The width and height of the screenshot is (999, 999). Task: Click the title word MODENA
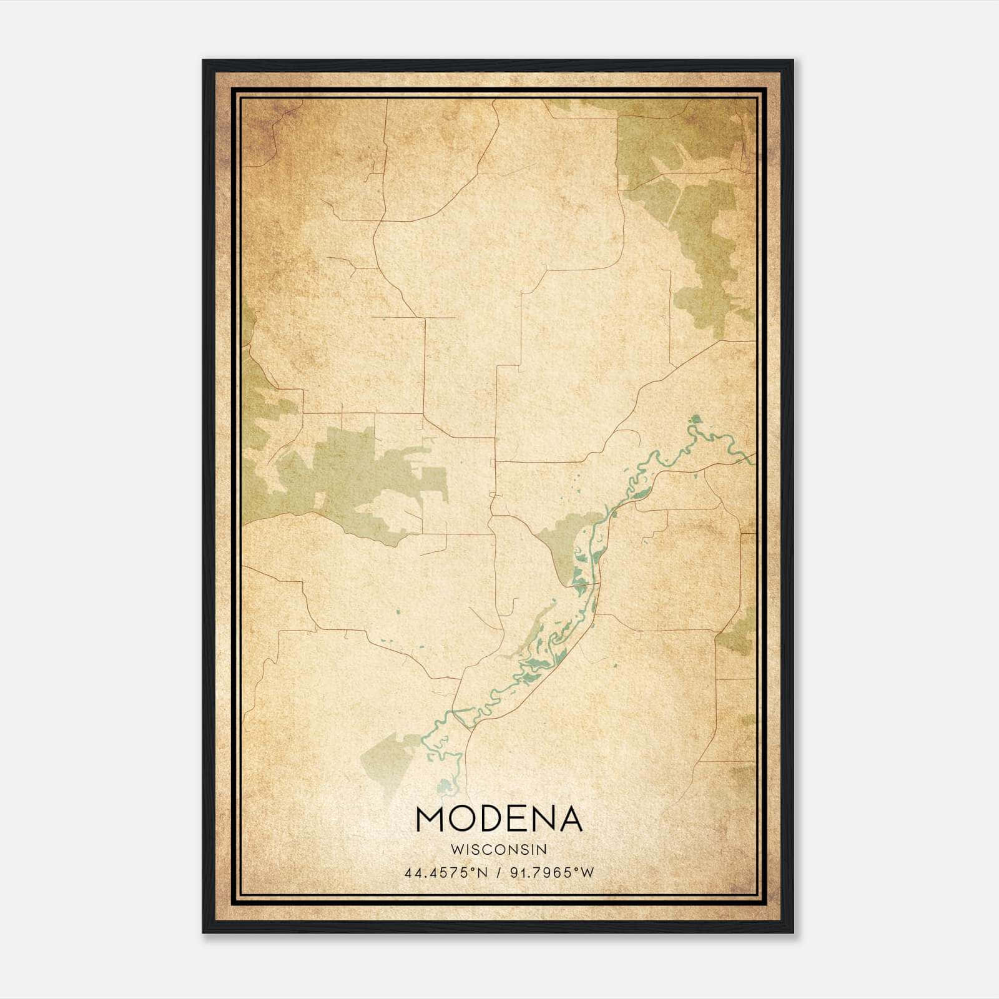pyautogui.click(x=499, y=819)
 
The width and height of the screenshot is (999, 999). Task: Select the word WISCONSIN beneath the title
pyautogui.click(x=499, y=850)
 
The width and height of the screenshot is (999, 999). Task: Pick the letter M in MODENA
pyautogui.click(x=430, y=819)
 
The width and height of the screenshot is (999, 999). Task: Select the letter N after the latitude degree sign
pyautogui.click(x=483, y=873)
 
